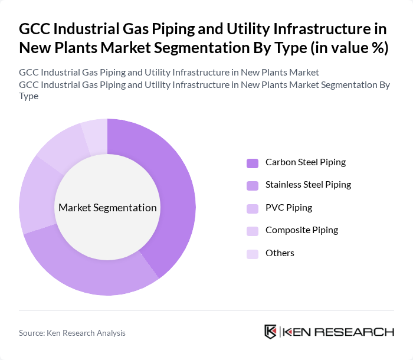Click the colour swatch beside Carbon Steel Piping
click(253, 162)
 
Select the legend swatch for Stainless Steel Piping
click(253, 185)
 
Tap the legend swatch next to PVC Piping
click(253, 208)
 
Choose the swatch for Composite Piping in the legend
click(253, 230)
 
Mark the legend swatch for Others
click(253, 253)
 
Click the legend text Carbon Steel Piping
click(306, 162)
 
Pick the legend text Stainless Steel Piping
click(308, 185)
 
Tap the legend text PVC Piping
click(289, 208)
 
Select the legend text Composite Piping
click(301, 230)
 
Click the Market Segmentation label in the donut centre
click(107, 208)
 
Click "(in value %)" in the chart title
click(349, 47)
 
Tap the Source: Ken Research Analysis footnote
click(72, 333)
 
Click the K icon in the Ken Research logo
click(271, 332)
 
